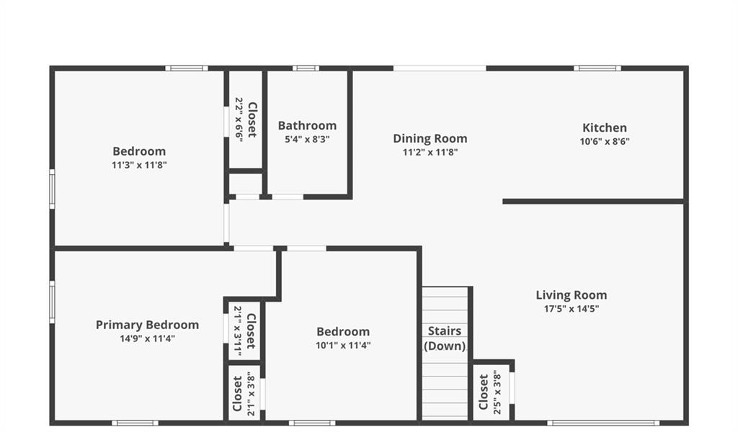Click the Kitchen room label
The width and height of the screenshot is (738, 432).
(605, 128)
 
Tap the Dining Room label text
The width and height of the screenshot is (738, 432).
(430, 139)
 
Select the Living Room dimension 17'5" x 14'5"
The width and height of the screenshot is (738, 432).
(572, 309)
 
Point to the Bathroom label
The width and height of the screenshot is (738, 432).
(307, 125)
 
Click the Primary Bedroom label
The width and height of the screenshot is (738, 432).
(147, 325)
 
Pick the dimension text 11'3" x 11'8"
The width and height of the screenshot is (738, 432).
(139, 165)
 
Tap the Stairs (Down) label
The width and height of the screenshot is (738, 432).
(444, 338)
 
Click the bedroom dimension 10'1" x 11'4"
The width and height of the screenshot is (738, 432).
(343, 346)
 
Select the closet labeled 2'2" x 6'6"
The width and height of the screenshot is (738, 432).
(246, 120)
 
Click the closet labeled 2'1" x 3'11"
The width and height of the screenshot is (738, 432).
(245, 331)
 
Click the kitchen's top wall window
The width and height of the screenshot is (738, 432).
(597, 68)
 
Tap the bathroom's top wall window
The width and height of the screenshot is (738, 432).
(306, 68)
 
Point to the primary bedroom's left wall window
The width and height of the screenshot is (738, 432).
(52, 302)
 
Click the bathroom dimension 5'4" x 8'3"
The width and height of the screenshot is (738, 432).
(307, 139)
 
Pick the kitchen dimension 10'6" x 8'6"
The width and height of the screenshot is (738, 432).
(605, 142)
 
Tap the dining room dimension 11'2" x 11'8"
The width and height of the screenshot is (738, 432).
(430, 153)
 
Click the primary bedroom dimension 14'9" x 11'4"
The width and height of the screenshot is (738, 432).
(147, 338)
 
